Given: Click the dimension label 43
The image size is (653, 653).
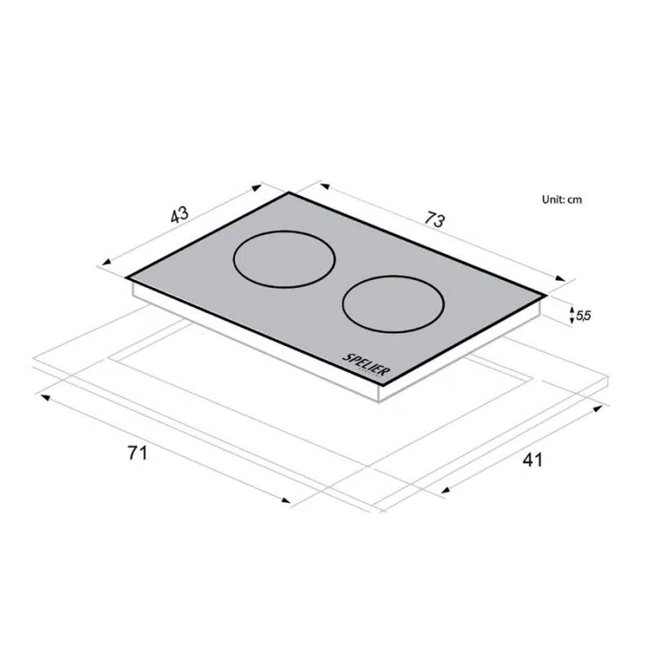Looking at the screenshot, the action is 180,215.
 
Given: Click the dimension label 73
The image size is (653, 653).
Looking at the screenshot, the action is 435,219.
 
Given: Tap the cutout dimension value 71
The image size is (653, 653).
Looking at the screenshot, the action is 138,453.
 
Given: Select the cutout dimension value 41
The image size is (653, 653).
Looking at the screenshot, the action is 533,460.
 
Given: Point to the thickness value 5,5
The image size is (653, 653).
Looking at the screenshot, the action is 584,316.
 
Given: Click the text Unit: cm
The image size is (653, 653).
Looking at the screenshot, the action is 562,199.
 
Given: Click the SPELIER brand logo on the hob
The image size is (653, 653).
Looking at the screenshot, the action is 364,364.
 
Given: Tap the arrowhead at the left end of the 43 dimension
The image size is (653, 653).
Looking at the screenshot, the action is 107,262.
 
